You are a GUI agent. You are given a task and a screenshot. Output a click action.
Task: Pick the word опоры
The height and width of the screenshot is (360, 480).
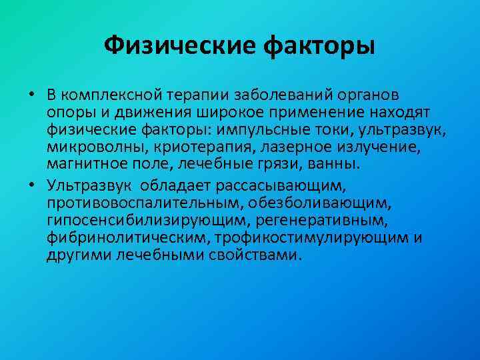point(66,109)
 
